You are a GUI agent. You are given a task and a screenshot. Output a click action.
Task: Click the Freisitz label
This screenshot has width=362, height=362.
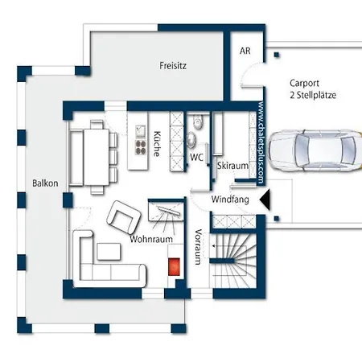pos(173,65)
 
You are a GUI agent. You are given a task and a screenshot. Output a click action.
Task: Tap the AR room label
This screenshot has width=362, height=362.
pos(245,51)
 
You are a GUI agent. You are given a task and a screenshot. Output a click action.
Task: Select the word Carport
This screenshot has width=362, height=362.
pos(304,84)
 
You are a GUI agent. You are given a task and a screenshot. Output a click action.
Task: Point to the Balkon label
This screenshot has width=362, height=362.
pos(45,183)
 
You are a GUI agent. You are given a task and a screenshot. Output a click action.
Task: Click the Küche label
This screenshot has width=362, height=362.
pos(158,143)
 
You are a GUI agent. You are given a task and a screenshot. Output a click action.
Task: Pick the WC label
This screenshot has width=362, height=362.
pos(196,157)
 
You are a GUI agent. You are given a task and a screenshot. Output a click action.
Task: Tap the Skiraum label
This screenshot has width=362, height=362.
pos(232,166)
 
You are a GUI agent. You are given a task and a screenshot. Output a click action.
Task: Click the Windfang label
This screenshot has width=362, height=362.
pos(230,200)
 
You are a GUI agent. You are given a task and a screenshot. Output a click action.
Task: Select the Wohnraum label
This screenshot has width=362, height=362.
pos(151,239)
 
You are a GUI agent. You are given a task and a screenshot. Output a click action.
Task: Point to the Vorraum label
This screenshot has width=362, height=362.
pos(198,247)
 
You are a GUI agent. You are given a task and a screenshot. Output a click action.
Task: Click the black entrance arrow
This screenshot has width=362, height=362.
pos(265,200)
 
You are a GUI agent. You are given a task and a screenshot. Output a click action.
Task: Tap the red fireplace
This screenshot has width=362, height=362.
pos(174,266)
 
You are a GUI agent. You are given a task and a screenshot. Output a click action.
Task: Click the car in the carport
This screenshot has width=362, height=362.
pos(315,150)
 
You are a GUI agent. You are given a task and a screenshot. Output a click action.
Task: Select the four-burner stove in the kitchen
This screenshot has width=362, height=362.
pos(141,147)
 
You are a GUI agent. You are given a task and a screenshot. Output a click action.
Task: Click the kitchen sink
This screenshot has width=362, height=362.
pos(141,131)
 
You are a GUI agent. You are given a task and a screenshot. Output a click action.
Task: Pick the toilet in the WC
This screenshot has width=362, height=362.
pos(198,122)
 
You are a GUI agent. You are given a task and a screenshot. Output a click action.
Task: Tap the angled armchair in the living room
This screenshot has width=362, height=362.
pos(124,217)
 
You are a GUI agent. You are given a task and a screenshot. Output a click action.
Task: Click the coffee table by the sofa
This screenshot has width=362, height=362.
pos(109,251)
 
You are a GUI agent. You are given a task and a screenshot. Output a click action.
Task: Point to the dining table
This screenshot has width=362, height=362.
pos(97,157)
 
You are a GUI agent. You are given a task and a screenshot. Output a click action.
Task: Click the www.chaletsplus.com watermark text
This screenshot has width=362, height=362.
pos(261,143)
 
